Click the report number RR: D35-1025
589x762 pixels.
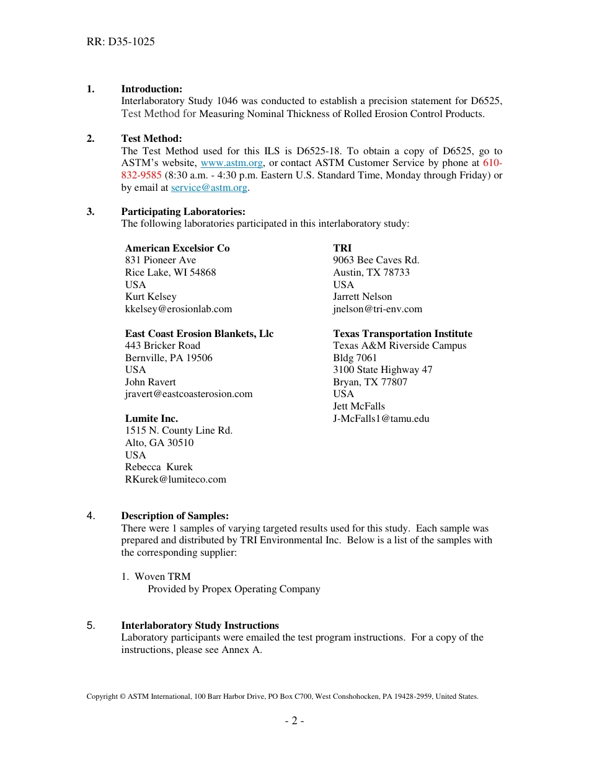[120, 42]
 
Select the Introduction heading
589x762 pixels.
[151, 89]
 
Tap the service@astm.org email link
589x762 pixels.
[209, 188]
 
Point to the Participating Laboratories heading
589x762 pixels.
[183, 212]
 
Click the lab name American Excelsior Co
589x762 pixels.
[177, 248]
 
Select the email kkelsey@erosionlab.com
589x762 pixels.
[179, 309]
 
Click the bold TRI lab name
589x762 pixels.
[342, 248]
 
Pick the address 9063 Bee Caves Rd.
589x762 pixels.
[376, 260]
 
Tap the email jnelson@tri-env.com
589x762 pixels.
[377, 309]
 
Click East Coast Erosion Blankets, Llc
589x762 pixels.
[199, 334]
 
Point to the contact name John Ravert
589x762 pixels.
[150, 382]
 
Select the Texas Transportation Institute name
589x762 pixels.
[402, 334]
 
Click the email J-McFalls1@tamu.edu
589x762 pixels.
[381, 419]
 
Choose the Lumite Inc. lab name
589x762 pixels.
[151, 419]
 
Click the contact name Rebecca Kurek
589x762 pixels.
[159, 467]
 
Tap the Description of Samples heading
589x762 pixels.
[175, 516]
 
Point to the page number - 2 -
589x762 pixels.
[294, 721]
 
